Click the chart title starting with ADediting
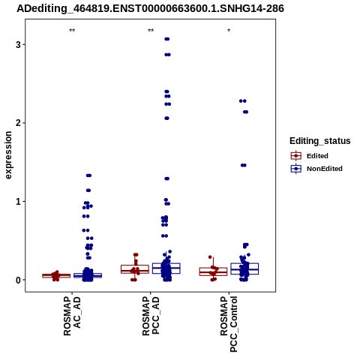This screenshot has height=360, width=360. coord(150,8)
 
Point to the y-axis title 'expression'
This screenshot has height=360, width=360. coord(8,155)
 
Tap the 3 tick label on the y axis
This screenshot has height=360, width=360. coord(18,45)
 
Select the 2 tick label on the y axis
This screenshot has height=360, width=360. coord(18,123)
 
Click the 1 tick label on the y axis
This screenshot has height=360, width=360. coord(18,202)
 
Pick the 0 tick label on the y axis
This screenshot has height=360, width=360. coord(18,280)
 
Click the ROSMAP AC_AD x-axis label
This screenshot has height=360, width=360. coord(72,316)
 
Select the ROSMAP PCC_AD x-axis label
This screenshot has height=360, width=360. coord(151,316)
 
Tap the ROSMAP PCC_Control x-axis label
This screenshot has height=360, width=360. coord(229,324)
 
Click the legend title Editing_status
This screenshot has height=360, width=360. coord(320,141)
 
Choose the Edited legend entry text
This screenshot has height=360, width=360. coord(317,156)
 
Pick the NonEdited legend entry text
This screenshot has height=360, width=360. coord(325,169)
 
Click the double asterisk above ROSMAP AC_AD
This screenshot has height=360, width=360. coord(72,31)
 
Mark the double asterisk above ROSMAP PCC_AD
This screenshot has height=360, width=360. coord(151,31)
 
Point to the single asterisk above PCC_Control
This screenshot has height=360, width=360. coord(229,31)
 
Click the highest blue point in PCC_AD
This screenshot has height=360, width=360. coord(167,39)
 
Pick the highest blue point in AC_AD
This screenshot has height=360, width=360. coord(88,175)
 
